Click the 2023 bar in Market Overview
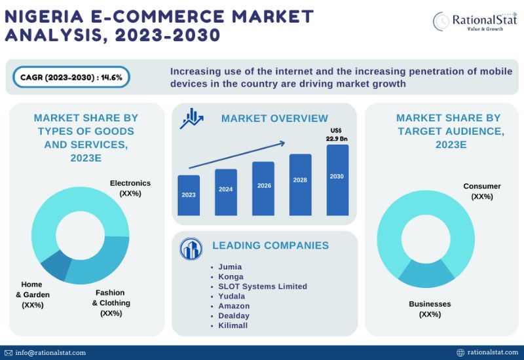(x=189, y=195)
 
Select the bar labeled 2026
(x=263, y=189)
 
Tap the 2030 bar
(x=337, y=180)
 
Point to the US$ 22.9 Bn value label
(x=337, y=135)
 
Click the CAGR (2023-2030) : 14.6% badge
(x=71, y=77)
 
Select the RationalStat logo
(x=474, y=22)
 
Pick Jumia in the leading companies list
(x=230, y=267)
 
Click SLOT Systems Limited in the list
(x=263, y=287)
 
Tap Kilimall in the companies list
(x=233, y=325)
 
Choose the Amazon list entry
(x=234, y=306)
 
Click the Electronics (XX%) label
(x=130, y=189)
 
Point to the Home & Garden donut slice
(x=56, y=265)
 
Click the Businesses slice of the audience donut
(x=426, y=274)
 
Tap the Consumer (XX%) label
(x=482, y=191)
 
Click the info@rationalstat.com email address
(x=50, y=353)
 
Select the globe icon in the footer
(x=460, y=353)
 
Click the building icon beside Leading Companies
(x=191, y=249)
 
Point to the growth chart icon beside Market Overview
(x=191, y=118)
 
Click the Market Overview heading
(x=274, y=118)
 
